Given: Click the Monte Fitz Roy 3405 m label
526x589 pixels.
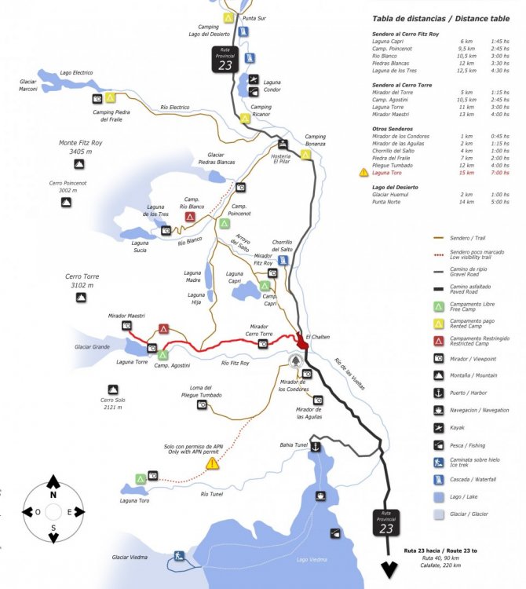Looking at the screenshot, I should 81,147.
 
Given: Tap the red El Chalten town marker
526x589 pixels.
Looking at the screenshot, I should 301,344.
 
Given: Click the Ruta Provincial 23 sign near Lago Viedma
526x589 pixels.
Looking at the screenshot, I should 386,523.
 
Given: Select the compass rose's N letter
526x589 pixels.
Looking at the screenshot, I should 53,495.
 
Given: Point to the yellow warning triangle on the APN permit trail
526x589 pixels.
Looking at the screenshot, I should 212,464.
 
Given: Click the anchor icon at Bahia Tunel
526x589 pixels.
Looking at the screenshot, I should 315,446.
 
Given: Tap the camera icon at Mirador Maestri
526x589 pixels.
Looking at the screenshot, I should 126,325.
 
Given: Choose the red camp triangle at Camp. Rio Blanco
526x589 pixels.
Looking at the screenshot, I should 191,216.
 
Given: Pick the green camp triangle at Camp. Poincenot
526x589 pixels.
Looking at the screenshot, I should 225,224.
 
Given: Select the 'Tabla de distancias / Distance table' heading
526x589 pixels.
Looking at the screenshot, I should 440,19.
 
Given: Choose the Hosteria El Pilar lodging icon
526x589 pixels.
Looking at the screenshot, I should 283,144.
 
